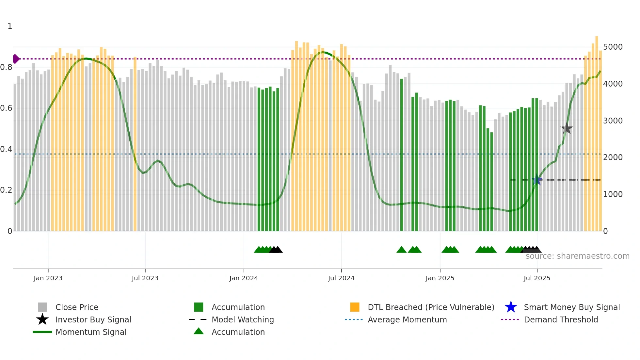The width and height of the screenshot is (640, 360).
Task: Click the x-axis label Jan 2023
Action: coord(48,278)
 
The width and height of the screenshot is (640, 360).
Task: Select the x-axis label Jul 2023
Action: coord(145,278)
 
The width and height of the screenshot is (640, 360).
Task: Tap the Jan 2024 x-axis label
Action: coord(244,278)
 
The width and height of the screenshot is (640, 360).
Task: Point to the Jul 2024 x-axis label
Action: coord(341,278)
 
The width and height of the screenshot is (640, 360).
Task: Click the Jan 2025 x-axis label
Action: coord(440,278)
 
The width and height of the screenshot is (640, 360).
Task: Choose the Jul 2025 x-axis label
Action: coord(537,278)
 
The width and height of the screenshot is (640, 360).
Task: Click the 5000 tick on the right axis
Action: coord(613,47)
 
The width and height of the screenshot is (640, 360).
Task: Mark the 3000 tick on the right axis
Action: coord(613,121)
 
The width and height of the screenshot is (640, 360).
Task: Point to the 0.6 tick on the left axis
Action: coord(6,108)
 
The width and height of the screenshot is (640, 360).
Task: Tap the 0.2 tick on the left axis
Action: coord(6,190)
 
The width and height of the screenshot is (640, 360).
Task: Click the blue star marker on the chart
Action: coord(537,180)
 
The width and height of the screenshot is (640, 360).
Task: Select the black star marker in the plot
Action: coord(567,129)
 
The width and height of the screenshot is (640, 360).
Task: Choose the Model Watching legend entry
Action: coord(243,319)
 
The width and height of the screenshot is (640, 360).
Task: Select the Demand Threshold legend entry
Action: coord(561,319)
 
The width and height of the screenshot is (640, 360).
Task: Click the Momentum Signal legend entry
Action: coord(91,332)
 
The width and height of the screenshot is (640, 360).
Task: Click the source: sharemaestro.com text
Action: coord(577,256)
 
